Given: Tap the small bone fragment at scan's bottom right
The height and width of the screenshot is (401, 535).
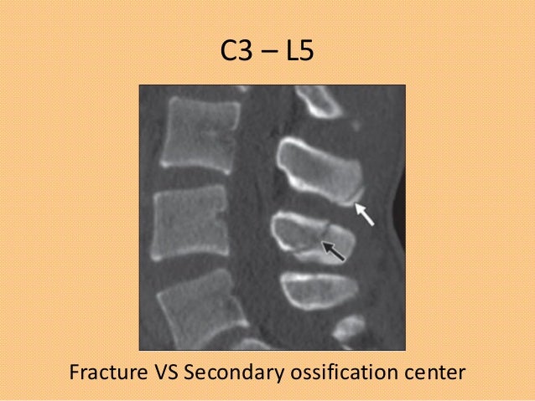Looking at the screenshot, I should tap(345, 332).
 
